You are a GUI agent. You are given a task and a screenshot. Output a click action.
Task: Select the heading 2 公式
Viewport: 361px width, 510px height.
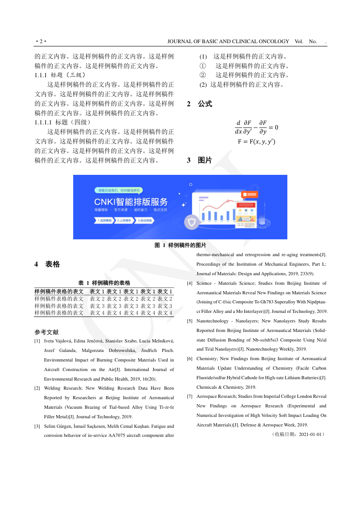click(x=200, y=104)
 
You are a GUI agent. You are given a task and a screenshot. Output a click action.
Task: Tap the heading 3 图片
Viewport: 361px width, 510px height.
click(x=200, y=160)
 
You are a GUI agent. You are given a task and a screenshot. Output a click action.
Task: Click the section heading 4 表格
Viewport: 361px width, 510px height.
click(x=47, y=264)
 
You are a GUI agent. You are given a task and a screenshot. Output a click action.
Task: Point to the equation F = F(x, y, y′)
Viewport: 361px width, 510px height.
click(x=256, y=142)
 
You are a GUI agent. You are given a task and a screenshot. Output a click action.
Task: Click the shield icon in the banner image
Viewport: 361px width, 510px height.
click(x=192, y=222)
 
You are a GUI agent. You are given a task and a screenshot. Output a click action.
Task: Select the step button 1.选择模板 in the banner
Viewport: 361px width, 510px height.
click(x=104, y=220)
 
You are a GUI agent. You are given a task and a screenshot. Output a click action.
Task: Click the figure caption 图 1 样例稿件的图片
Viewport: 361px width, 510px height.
click(x=180, y=245)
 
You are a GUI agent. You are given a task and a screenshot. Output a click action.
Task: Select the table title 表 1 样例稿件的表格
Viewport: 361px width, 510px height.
click(x=104, y=282)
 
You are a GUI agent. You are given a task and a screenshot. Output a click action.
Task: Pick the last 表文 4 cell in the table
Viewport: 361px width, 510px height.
click(x=165, y=313)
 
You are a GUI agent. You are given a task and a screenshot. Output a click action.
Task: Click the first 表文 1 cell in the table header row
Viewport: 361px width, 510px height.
click(x=97, y=291)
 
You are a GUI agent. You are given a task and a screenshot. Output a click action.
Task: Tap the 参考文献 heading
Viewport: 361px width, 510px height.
click(x=46, y=332)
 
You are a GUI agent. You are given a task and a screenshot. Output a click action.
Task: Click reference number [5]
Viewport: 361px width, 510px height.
click(x=190, y=321)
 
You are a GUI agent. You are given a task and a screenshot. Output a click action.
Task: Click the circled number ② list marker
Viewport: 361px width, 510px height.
click(x=203, y=75)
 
